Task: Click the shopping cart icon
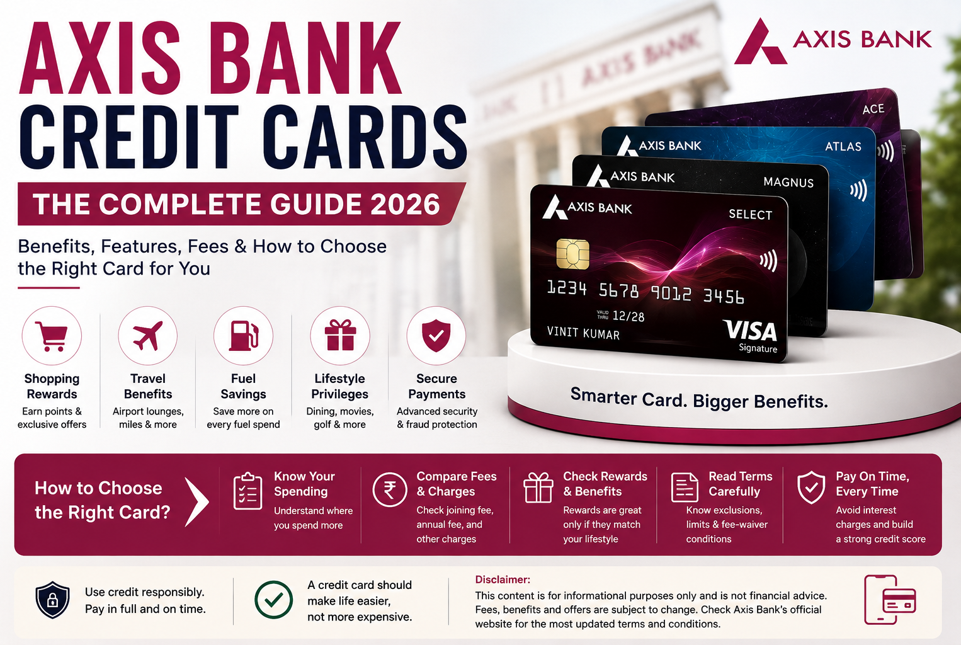click(52, 336)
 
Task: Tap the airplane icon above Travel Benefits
click(147, 336)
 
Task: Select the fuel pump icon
click(244, 336)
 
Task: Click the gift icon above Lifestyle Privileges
click(340, 336)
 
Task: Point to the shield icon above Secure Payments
click(436, 336)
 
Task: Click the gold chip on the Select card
click(572, 254)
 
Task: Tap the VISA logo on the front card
click(750, 331)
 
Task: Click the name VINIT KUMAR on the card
click(583, 333)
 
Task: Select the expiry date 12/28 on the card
click(628, 317)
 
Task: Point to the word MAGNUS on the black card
click(788, 183)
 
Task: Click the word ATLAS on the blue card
click(843, 147)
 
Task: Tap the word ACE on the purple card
click(873, 109)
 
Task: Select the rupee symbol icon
click(390, 489)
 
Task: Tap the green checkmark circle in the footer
click(273, 600)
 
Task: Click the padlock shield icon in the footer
click(52, 600)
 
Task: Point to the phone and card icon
click(890, 600)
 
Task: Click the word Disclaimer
click(503, 579)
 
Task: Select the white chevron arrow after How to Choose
click(197, 501)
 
